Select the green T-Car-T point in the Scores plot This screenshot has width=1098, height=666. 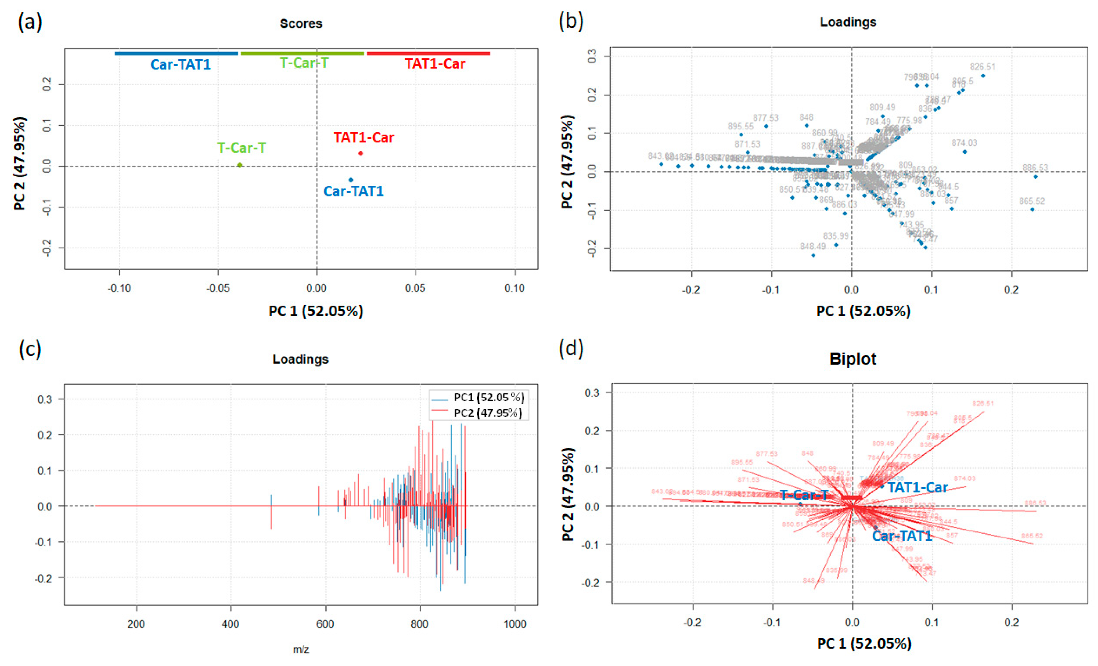240,165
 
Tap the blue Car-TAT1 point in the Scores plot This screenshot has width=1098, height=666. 351,180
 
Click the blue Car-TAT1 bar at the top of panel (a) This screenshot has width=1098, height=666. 177,54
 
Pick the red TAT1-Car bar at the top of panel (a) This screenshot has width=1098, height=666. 428,54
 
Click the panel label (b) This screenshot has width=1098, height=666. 571,21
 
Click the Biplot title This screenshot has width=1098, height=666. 853,359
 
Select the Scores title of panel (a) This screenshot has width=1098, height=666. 301,24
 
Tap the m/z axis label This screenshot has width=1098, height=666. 301,649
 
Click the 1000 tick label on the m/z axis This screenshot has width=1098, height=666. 515,624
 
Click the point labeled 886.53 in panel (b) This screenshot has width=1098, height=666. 1036,177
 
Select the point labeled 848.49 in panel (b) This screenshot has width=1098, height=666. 813,255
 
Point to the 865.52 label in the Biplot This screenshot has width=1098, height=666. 1031,536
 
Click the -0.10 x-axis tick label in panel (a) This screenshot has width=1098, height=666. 119,288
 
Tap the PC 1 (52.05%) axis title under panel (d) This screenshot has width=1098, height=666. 864,643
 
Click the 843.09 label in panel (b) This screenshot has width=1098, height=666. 660,156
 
